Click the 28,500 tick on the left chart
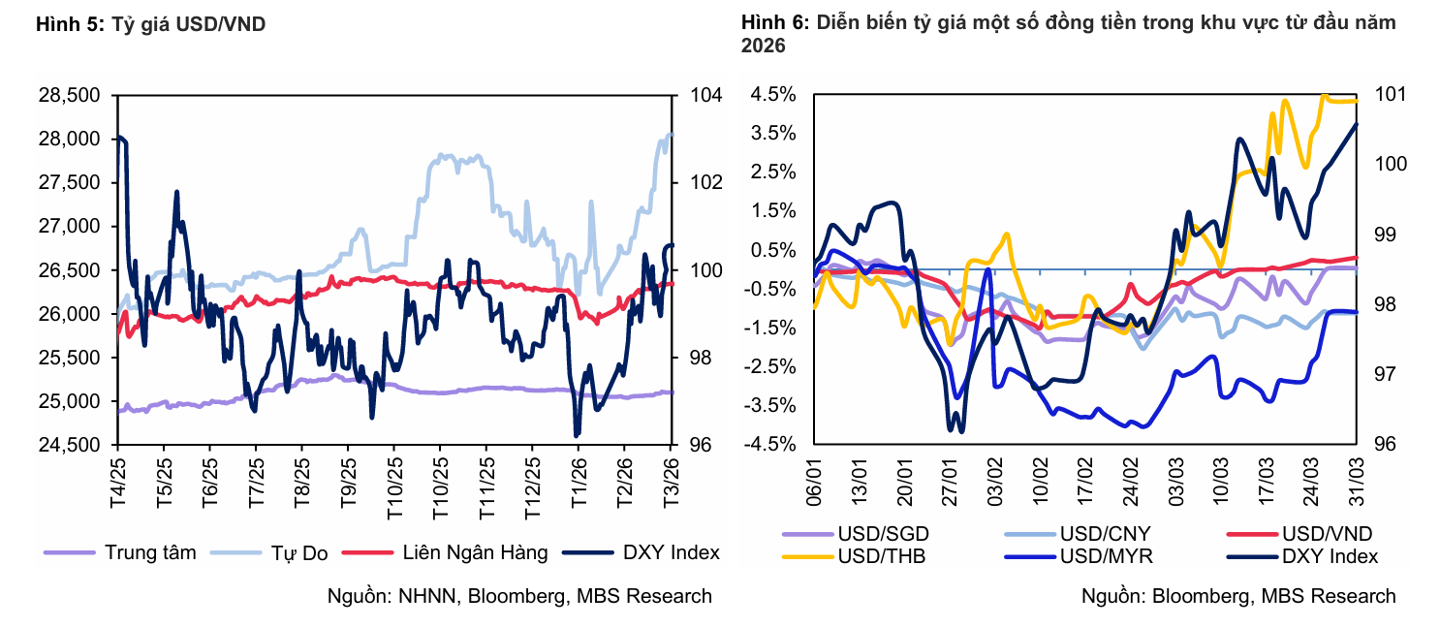pyautogui.click(x=69, y=95)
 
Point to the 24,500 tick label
pyautogui.click(x=69, y=445)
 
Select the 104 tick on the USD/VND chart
pyautogui.click(x=706, y=95)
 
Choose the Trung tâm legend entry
pyautogui.click(x=149, y=552)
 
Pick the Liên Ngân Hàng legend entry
pyautogui.click(x=475, y=552)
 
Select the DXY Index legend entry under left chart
pyautogui.click(x=672, y=552)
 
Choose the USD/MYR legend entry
pyautogui.click(x=1104, y=556)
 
